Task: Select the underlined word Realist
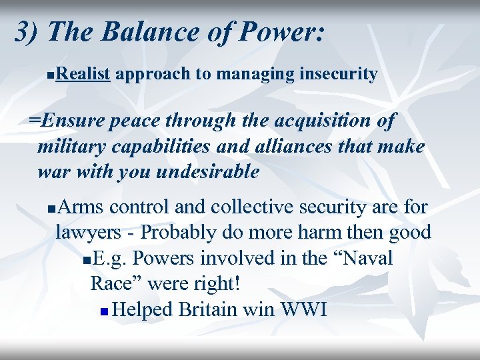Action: pyautogui.click(x=83, y=73)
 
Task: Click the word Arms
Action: pyautogui.click(x=81, y=207)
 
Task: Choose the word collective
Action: pyautogui.click(x=256, y=207)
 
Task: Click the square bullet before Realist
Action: pyautogui.click(x=52, y=75)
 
